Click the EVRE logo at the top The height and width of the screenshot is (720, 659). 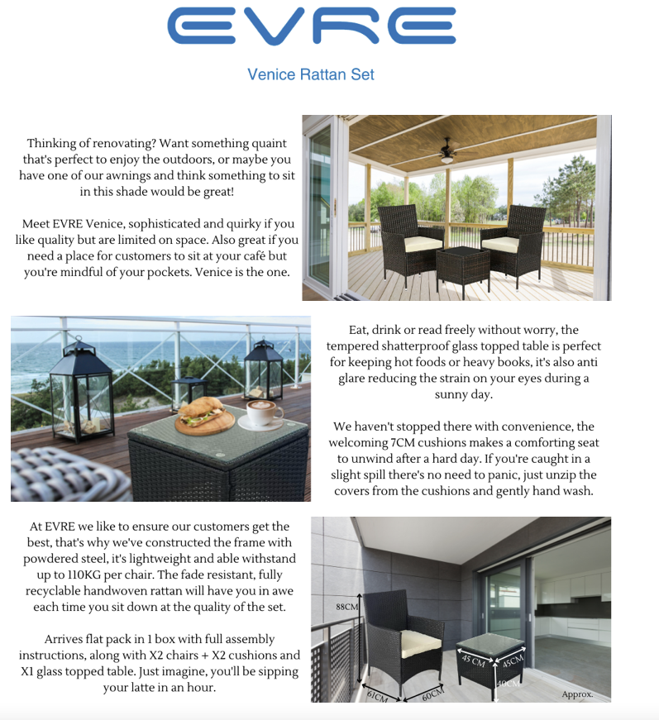point(312,26)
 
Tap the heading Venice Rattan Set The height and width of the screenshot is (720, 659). point(311,74)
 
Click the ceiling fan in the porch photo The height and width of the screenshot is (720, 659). point(447,150)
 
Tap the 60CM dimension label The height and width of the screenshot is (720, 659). point(432,694)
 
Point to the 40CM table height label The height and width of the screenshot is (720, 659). point(508,684)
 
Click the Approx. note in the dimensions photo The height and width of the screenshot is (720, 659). point(577,694)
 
